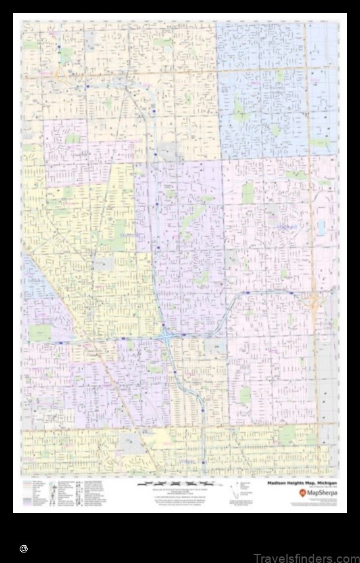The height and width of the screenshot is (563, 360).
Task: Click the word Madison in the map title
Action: pyautogui.click(x=276, y=482)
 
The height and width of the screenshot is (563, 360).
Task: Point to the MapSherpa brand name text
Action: pyautogui.click(x=322, y=493)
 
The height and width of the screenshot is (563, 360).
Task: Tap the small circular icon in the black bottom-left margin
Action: pyautogui.click(x=24, y=548)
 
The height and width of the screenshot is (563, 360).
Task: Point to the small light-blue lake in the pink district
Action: pyautogui.click(x=321, y=228)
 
